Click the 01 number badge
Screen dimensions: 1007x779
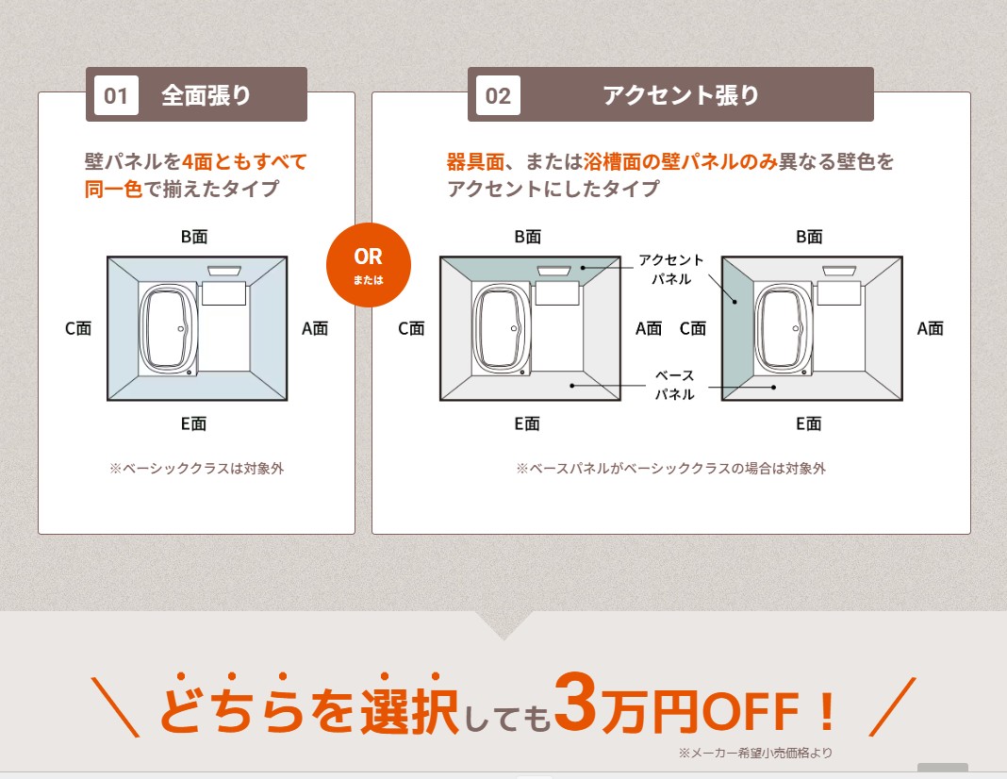point(116,95)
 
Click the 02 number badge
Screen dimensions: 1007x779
point(499,95)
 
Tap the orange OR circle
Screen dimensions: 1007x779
point(368,265)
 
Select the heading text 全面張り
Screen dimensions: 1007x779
point(206,95)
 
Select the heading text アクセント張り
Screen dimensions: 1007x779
point(681,95)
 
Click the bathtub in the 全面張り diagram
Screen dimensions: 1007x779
point(168,329)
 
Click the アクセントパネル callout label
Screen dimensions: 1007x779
point(671,269)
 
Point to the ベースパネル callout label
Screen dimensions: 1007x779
point(674,385)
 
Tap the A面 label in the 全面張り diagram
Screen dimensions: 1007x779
point(315,329)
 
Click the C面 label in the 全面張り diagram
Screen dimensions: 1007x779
point(78,329)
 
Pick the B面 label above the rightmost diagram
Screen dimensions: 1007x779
point(809,237)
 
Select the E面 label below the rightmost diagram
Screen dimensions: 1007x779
point(809,423)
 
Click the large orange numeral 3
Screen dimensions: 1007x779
point(575,703)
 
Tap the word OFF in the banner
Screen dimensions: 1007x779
point(751,711)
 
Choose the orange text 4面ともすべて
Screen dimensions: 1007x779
point(245,161)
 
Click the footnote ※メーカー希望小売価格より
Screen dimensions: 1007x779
point(755,753)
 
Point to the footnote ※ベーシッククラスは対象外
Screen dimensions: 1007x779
point(196,469)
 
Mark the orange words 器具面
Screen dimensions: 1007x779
point(475,161)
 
